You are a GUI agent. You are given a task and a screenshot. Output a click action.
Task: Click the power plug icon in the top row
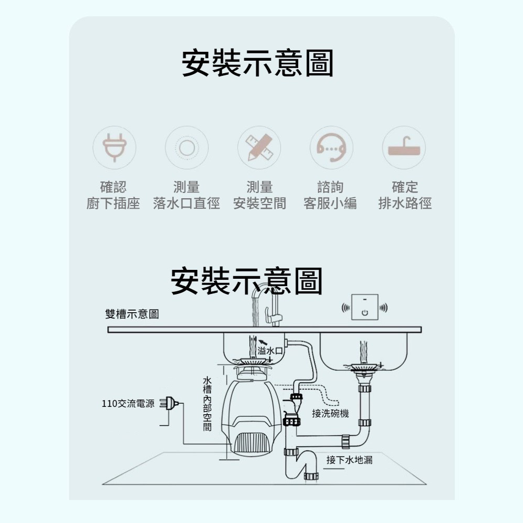115,147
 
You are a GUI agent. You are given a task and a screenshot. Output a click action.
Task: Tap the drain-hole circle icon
187,147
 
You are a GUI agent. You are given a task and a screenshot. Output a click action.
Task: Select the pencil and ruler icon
259,147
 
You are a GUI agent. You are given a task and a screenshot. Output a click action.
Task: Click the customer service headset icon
332,147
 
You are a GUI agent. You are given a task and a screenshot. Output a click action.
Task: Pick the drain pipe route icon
404,147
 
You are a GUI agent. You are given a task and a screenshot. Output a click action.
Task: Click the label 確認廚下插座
113,195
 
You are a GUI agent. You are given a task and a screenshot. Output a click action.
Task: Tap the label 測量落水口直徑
187,195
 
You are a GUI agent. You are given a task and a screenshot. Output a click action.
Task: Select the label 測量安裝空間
259,195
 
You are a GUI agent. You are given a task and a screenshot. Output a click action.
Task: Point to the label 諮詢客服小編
330,195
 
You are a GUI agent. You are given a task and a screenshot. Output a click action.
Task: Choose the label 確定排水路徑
405,195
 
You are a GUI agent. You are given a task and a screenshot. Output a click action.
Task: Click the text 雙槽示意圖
132,314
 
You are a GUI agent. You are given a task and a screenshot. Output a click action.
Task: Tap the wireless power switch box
365,307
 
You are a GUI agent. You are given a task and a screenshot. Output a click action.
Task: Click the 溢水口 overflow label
270,350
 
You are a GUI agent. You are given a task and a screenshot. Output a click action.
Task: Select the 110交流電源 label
128,404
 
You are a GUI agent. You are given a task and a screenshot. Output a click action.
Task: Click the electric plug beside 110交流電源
169,404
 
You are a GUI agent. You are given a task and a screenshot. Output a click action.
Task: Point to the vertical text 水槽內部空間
207,404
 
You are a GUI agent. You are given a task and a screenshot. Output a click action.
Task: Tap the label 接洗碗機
331,414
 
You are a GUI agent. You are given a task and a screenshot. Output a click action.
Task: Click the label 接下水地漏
349,460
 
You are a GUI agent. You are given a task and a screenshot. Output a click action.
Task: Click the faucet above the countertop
267,305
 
